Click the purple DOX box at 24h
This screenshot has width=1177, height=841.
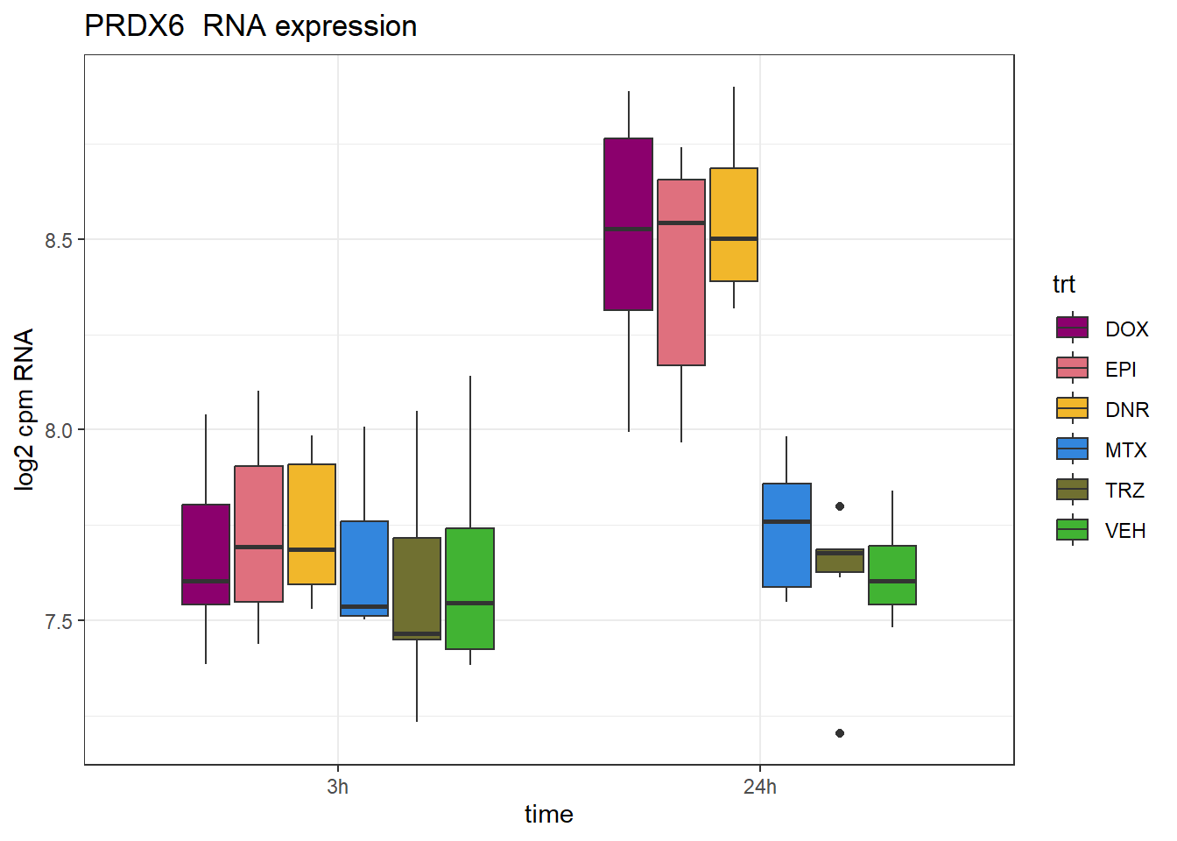point(628,224)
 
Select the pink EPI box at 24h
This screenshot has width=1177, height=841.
point(681,272)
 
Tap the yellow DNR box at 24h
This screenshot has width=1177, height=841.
point(734,224)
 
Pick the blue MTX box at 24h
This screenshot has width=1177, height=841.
point(786,534)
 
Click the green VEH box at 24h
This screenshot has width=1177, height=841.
point(892,575)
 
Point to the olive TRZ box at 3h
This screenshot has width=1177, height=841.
point(417,589)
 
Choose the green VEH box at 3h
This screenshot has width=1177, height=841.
point(470,589)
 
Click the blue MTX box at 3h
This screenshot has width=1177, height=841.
point(364,569)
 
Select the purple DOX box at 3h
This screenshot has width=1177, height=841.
point(206,555)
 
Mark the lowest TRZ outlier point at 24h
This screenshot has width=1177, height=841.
point(840,733)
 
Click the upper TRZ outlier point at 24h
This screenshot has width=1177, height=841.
point(840,506)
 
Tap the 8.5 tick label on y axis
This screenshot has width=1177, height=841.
point(59,240)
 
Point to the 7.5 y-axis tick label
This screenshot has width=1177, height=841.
point(59,621)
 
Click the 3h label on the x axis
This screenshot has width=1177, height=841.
point(338,787)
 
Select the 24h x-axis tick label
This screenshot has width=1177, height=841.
point(760,787)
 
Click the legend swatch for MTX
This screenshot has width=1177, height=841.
point(1073,449)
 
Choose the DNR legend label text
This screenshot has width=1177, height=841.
point(1127,410)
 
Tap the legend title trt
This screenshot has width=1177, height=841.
point(1064,285)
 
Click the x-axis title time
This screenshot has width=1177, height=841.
point(549,815)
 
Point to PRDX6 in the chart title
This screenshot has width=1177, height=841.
point(135,26)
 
